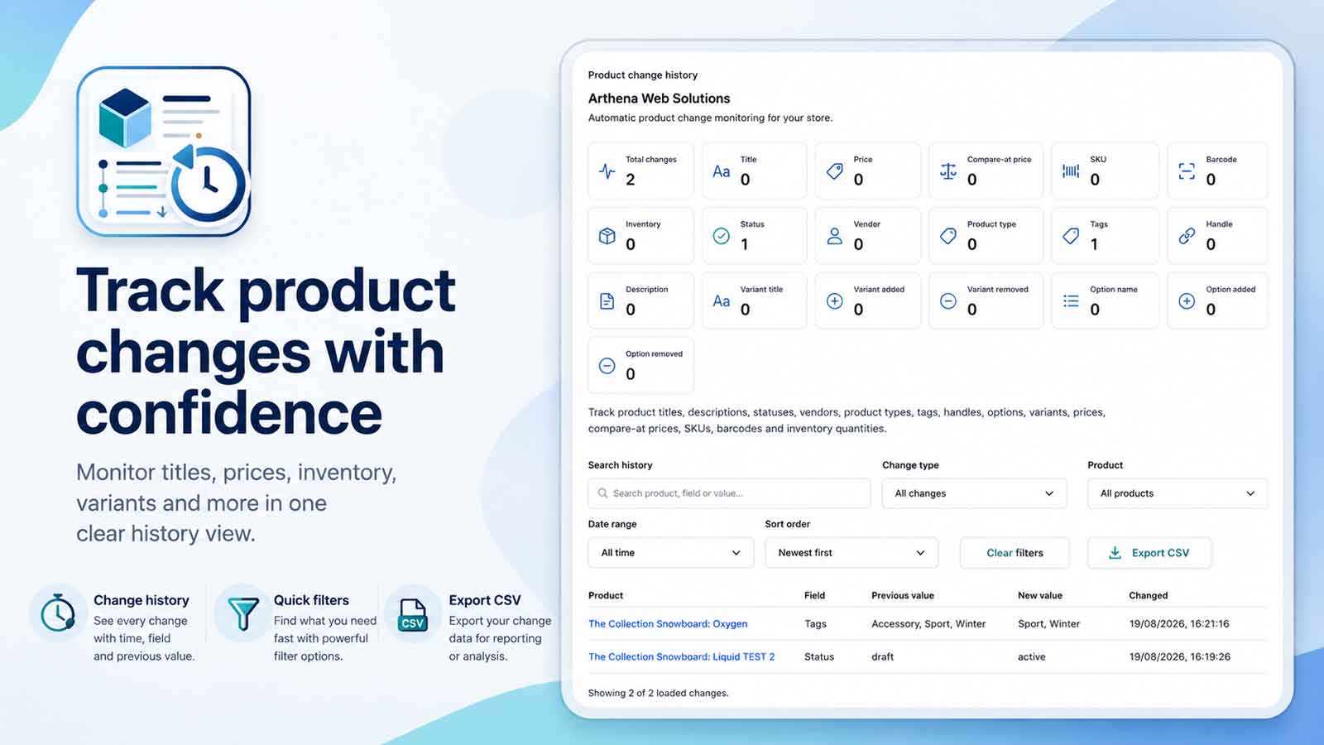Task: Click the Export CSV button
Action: (1149, 553)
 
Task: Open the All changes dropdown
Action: (974, 493)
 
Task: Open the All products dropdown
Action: (1178, 493)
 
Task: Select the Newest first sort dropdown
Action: (851, 553)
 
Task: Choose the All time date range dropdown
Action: (671, 553)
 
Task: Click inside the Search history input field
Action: (729, 493)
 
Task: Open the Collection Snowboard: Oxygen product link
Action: (668, 624)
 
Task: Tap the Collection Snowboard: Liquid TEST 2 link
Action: (682, 657)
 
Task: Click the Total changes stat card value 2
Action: (630, 179)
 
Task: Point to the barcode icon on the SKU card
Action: (1071, 171)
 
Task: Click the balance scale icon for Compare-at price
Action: (948, 171)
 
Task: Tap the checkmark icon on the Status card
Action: (721, 236)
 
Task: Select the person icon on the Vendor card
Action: (835, 236)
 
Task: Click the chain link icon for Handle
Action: (1187, 236)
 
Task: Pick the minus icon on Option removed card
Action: (607, 366)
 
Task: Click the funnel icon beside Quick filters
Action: (243, 613)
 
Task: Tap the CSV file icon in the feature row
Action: (413, 615)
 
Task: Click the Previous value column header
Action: (903, 595)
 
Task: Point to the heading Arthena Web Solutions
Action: (659, 99)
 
